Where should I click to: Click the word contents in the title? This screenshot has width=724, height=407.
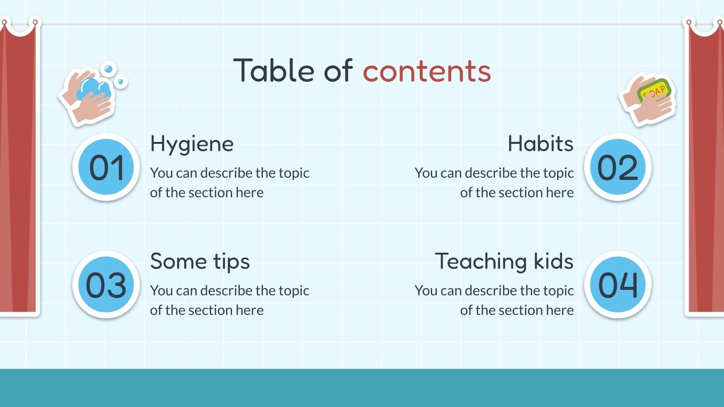(x=427, y=71)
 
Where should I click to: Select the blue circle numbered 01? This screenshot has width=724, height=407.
(x=106, y=167)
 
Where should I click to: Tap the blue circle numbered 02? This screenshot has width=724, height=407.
(x=618, y=167)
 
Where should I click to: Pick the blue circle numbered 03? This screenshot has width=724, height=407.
(x=106, y=285)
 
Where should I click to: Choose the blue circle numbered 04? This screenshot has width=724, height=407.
(x=618, y=285)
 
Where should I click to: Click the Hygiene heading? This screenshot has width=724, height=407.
(x=192, y=144)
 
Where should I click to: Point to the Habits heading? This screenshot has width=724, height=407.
(x=540, y=144)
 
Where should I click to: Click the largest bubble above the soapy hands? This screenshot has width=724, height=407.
(x=108, y=69)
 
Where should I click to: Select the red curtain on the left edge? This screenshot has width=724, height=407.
(x=18, y=172)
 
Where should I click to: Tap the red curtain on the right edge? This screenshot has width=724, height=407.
(x=705, y=172)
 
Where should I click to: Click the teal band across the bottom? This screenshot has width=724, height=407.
(x=362, y=388)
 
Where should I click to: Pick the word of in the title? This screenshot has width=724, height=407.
(x=338, y=71)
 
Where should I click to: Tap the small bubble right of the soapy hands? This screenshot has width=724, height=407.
(x=121, y=82)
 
